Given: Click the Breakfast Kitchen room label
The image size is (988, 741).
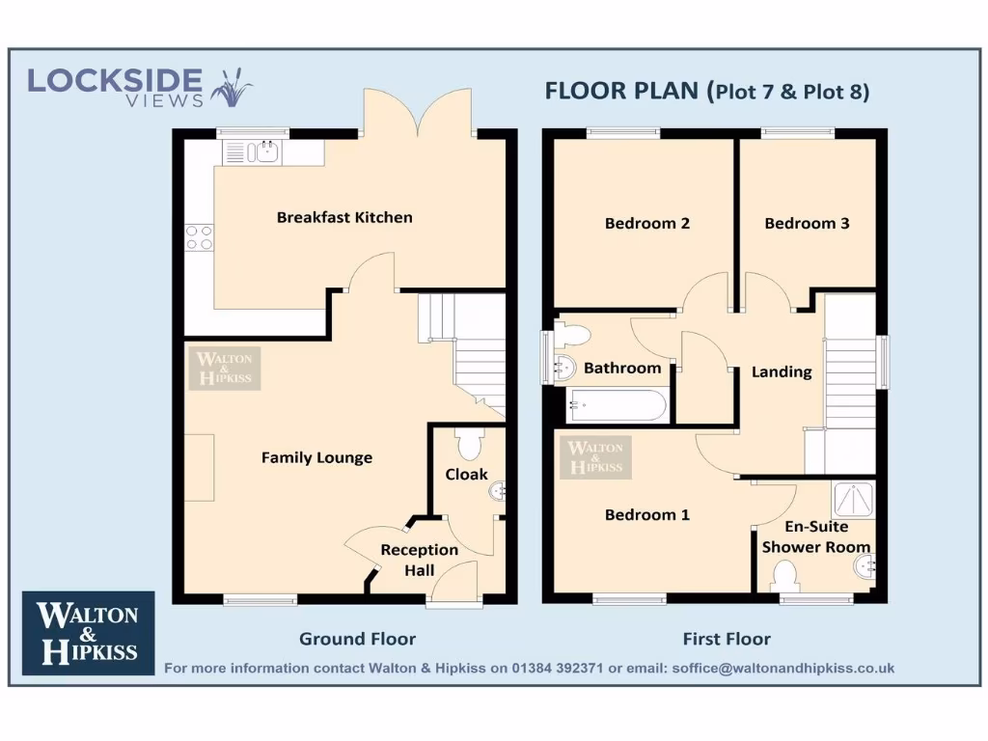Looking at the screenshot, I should tap(344, 217).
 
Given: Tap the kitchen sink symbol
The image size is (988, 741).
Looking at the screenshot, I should tap(252, 151).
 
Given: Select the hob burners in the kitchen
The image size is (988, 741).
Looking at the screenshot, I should tap(199, 237).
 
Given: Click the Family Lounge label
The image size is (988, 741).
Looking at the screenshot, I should tap(316, 457).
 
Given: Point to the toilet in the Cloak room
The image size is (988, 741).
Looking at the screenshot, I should tap(469, 444).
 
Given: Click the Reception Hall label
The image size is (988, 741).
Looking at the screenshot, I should tap(419, 560).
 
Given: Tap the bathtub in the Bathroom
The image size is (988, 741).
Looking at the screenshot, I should tap(617, 405).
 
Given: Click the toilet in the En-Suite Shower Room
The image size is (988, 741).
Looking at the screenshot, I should tap(786, 577).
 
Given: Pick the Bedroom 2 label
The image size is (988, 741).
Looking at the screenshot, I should tap(646, 223).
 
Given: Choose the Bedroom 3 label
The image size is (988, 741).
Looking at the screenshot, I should tap(807, 223).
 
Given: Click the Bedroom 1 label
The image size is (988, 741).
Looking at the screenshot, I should tap(646, 514).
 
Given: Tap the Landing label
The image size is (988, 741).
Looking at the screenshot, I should tap(782, 371).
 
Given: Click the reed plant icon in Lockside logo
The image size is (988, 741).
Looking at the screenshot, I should tap(231, 88).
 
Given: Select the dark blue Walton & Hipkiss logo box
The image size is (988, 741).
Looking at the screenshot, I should tap(88, 632).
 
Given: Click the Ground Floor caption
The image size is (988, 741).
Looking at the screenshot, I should tap(357, 639).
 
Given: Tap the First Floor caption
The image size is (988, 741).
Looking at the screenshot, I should tap(727, 639).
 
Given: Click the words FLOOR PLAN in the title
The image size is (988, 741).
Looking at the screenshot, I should tap(622, 92).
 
